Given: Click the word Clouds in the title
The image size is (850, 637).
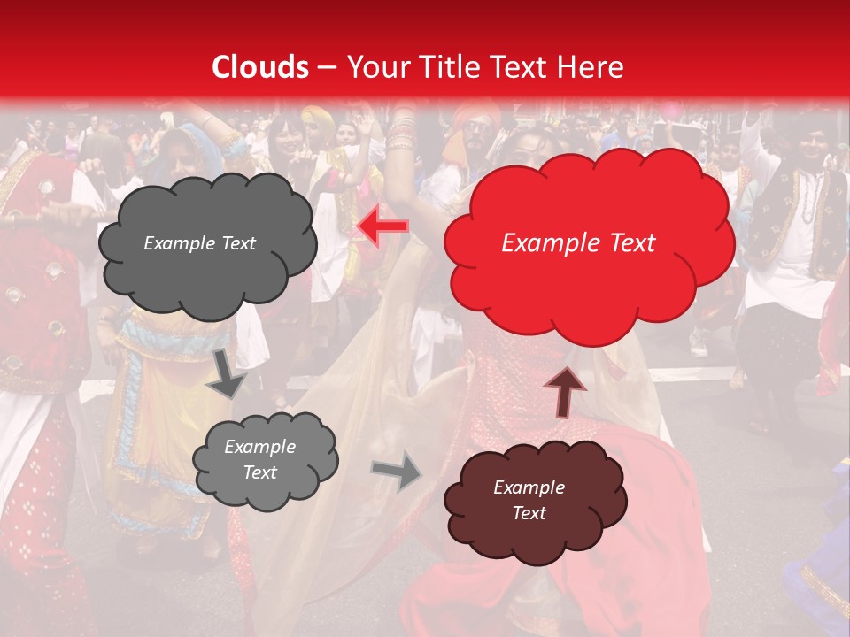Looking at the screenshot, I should point(260,67).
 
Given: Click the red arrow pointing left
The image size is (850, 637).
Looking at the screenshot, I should point(382,227).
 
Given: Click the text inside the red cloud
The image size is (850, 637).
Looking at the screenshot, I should point(578,243).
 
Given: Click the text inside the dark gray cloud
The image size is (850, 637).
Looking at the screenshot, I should point(199,243).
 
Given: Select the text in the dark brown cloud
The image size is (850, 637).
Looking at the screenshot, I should point(529,500).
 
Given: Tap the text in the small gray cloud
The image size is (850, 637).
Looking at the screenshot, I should point(259,459).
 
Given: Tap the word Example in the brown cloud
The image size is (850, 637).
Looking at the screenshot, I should point(529,487).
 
